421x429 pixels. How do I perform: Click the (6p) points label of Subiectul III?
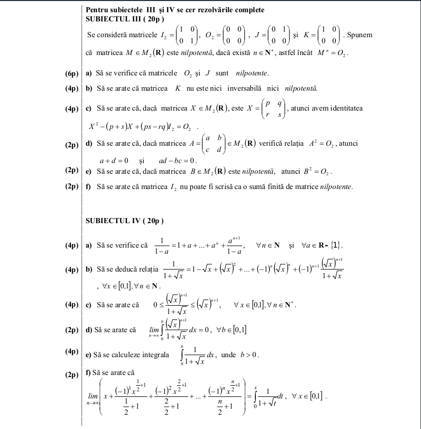pyautogui.click(x=72, y=74)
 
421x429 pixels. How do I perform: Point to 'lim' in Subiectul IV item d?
pyautogui.click(x=153, y=329)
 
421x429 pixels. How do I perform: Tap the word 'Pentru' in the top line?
pyautogui.click(x=96, y=10)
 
